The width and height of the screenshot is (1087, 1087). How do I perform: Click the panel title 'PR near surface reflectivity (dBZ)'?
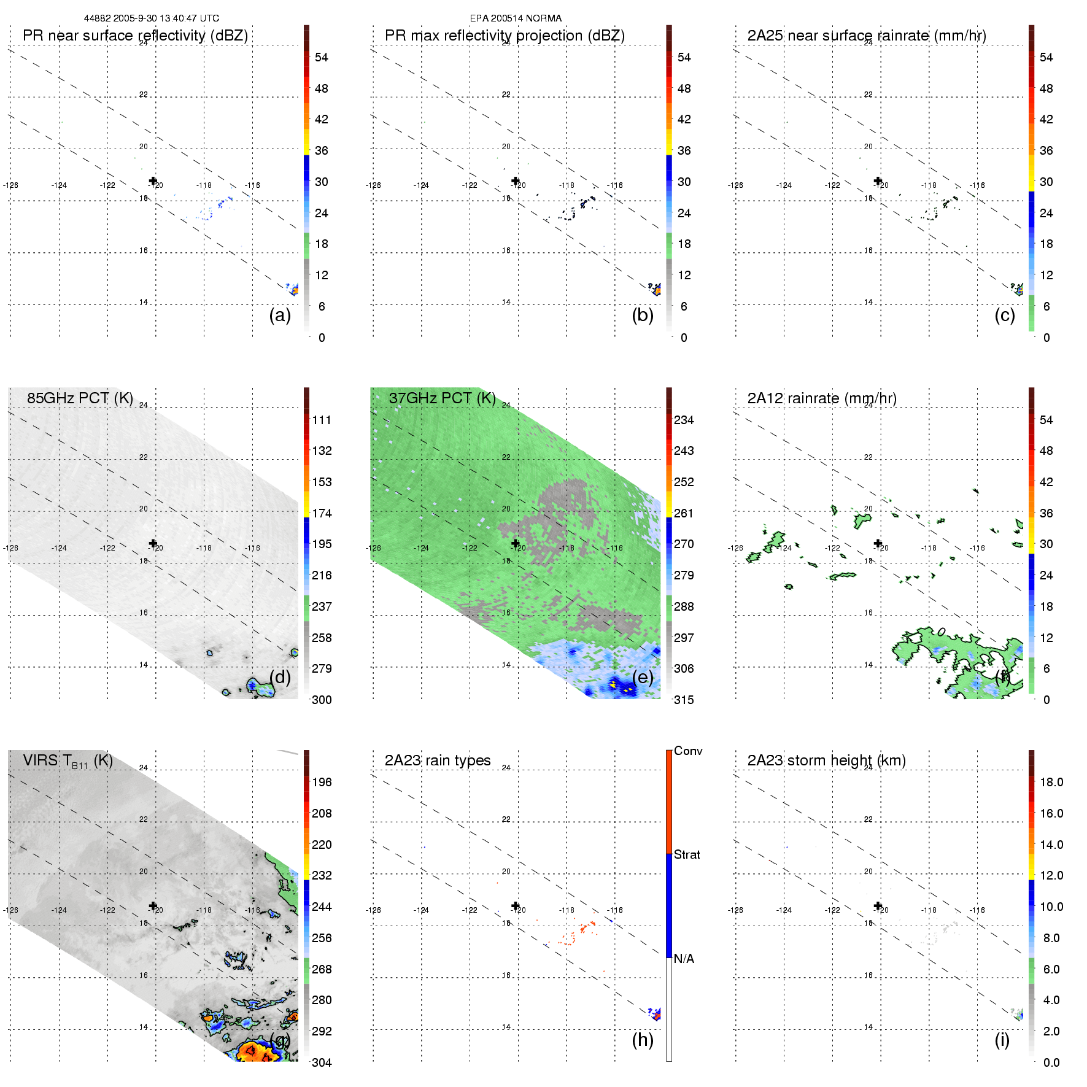point(135,36)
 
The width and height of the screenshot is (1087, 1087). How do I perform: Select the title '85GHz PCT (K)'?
point(80,398)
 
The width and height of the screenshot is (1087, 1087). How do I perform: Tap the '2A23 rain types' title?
point(438,760)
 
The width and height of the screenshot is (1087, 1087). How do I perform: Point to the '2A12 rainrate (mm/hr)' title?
point(822,398)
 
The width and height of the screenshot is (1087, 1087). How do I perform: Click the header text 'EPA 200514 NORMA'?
point(516,18)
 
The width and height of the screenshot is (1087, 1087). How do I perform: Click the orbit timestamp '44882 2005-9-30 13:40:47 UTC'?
point(152,18)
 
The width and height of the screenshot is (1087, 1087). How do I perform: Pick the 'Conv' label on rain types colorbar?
point(688,751)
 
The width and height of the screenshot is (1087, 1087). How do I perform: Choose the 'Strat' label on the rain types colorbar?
point(687,854)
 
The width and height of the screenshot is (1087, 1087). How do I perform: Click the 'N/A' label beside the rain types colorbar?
point(684,959)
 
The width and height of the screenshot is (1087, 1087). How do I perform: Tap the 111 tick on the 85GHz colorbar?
point(322,420)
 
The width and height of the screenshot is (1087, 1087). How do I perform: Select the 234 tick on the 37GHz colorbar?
point(684,420)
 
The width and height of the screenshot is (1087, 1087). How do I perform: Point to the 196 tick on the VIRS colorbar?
point(322,782)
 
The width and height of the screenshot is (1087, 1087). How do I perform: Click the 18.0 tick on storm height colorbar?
point(1051,782)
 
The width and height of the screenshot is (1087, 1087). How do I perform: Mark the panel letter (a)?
point(280,315)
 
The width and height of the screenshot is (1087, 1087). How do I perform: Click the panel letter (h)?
point(643,1040)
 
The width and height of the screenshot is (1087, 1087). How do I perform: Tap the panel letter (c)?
point(1005,315)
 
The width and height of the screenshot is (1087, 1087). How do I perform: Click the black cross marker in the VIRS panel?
point(153,906)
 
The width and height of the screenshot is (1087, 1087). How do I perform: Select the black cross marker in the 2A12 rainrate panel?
point(878,543)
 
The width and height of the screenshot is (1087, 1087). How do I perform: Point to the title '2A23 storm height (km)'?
point(827,760)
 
